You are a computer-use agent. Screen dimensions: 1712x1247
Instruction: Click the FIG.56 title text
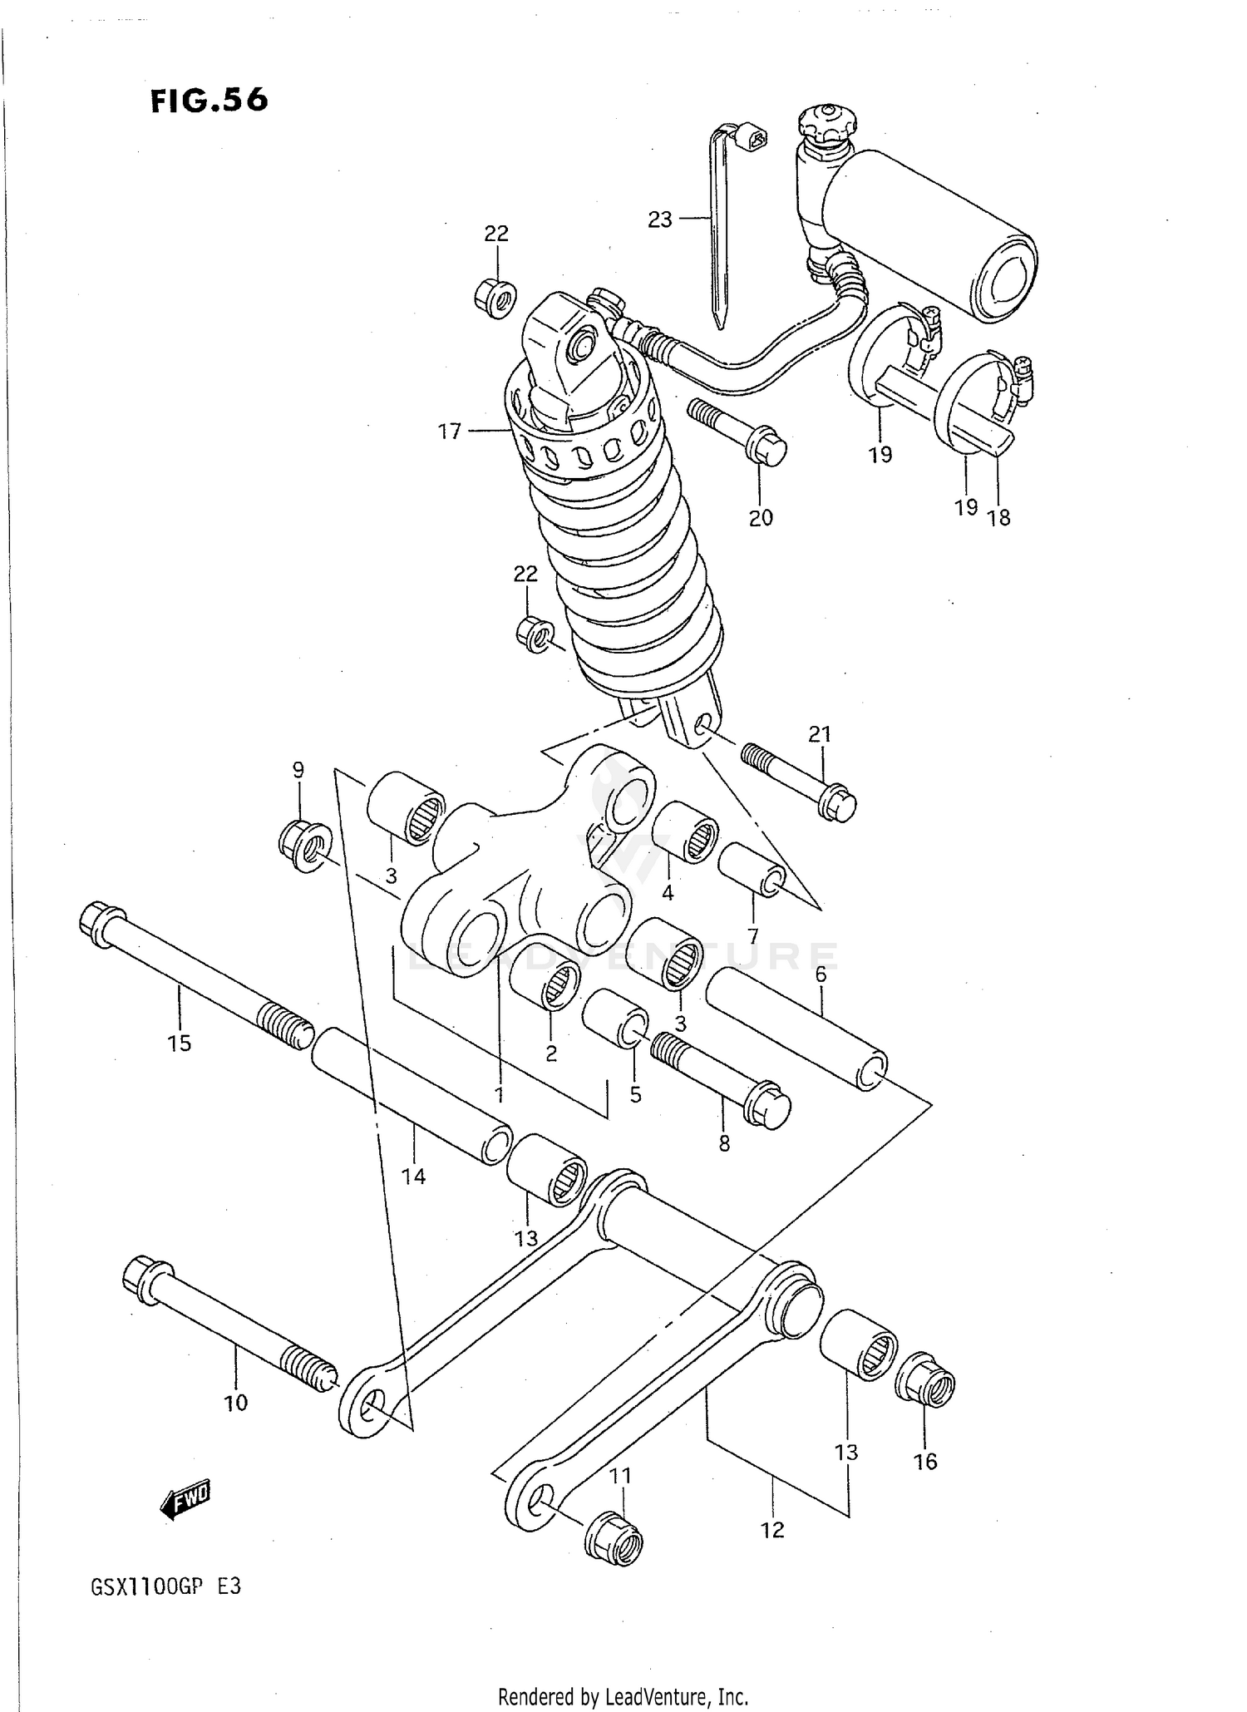pyautogui.click(x=209, y=100)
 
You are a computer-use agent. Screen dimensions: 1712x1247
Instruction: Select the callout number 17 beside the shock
pyautogui.click(x=450, y=432)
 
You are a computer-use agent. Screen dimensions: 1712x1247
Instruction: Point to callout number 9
pyautogui.click(x=298, y=769)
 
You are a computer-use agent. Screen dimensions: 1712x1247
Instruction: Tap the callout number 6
pyautogui.click(x=821, y=974)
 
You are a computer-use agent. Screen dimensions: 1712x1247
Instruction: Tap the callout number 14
pyautogui.click(x=413, y=1176)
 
